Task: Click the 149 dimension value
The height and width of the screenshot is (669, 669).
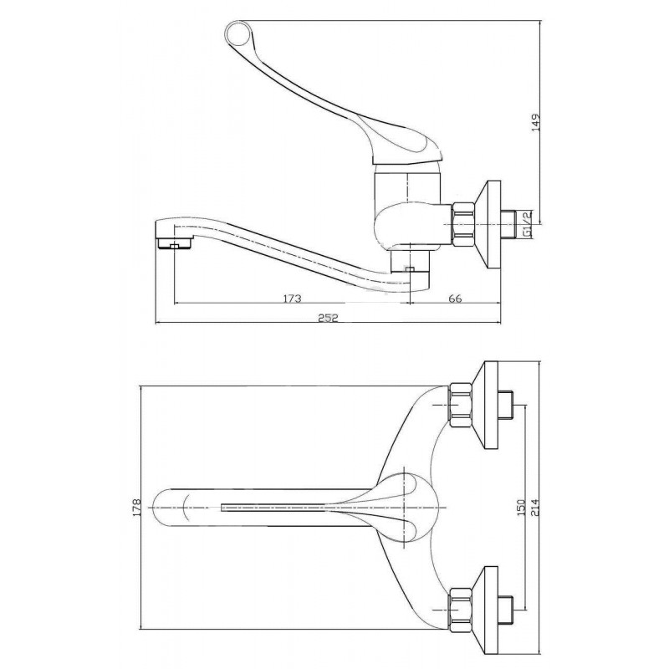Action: (x=536, y=122)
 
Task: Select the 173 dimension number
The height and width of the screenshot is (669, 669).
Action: (x=292, y=299)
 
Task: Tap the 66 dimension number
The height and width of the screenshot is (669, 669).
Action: (x=456, y=299)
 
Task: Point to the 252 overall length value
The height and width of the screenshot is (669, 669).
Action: (x=329, y=318)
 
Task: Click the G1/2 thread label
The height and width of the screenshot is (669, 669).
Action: (x=528, y=223)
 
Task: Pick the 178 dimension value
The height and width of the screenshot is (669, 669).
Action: (x=137, y=508)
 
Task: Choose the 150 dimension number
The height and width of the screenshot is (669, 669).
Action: (x=521, y=508)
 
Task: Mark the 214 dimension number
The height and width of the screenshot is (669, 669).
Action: (x=535, y=508)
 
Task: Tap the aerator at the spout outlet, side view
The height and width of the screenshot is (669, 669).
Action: (x=174, y=244)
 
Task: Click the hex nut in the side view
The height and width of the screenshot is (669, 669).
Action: (x=464, y=224)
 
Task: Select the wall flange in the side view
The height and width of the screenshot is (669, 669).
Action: (x=488, y=224)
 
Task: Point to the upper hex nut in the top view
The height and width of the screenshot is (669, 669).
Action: (x=461, y=405)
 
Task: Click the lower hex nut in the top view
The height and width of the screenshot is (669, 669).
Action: (x=461, y=610)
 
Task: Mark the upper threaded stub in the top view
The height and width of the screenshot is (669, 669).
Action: (x=505, y=405)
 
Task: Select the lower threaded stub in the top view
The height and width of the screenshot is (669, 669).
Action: (x=505, y=610)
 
